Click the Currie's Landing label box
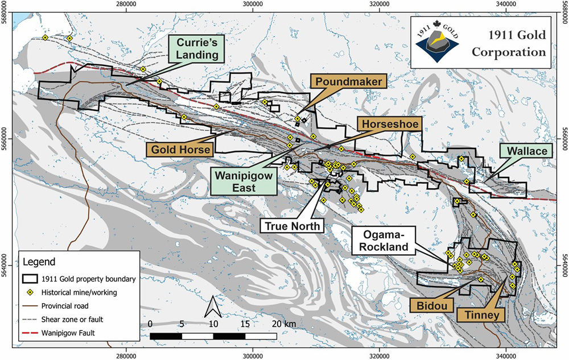click(x=197, y=49)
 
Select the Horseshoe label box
click(x=388, y=124)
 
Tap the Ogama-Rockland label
click(x=381, y=240)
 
